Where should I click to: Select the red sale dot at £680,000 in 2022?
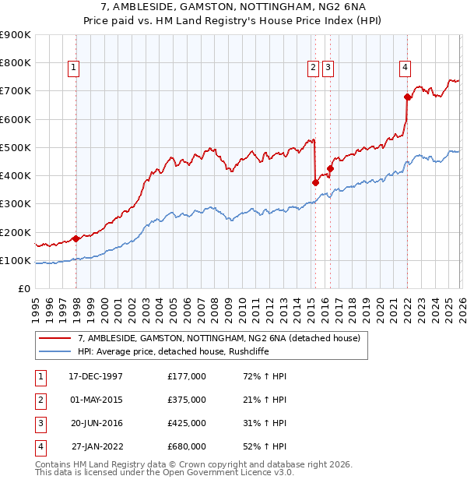point(407,97)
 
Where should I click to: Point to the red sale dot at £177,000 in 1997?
point(75,238)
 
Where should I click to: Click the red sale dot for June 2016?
point(330,168)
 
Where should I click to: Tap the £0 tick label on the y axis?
point(23,289)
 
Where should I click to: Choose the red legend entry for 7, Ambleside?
point(219,339)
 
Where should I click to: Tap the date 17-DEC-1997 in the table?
point(96,376)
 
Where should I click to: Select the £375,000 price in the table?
point(187,400)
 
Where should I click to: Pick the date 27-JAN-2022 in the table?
point(97,446)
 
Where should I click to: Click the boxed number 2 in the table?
point(40,400)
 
